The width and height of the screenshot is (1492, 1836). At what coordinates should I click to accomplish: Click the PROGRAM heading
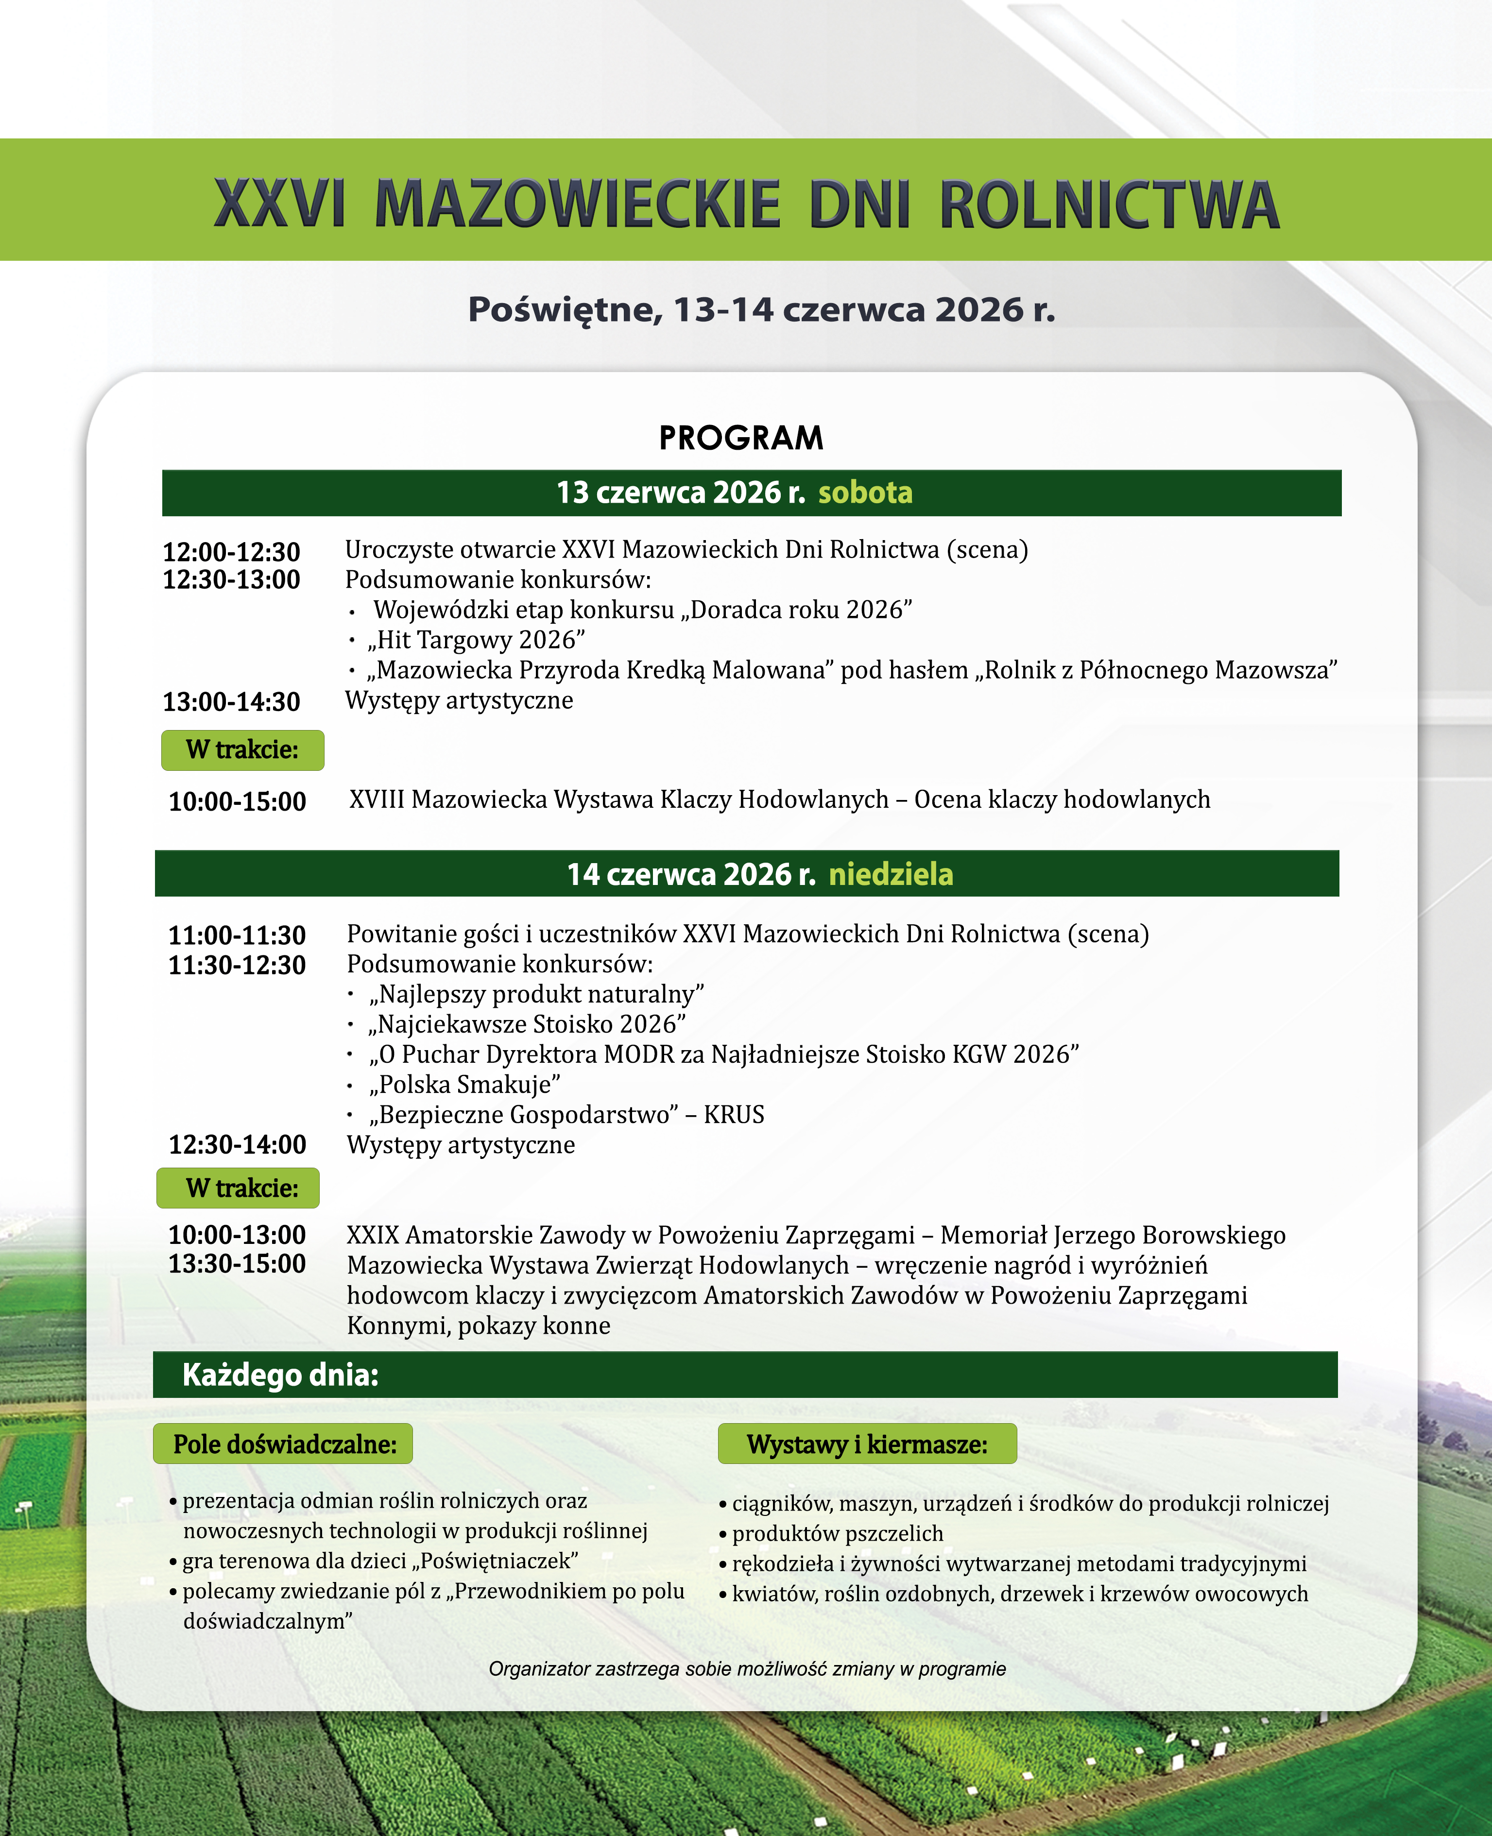[x=741, y=438]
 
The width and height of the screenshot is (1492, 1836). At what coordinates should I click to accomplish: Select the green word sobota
[x=865, y=493]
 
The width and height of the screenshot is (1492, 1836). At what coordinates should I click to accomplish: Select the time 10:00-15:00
[x=237, y=801]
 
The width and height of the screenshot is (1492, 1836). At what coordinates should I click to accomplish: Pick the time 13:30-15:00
[x=237, y=1264]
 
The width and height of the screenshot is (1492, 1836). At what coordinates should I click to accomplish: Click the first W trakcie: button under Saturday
[x=242, y=750]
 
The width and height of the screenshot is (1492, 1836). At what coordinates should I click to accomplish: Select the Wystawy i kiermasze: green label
[x=867, y=1444]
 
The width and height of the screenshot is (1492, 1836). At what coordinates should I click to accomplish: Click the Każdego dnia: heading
[x=280, y=1376]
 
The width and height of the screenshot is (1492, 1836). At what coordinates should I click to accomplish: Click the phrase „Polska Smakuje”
[x=465, y=1084]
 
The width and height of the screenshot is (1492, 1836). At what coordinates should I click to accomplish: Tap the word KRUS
[x=734, y=1114]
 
